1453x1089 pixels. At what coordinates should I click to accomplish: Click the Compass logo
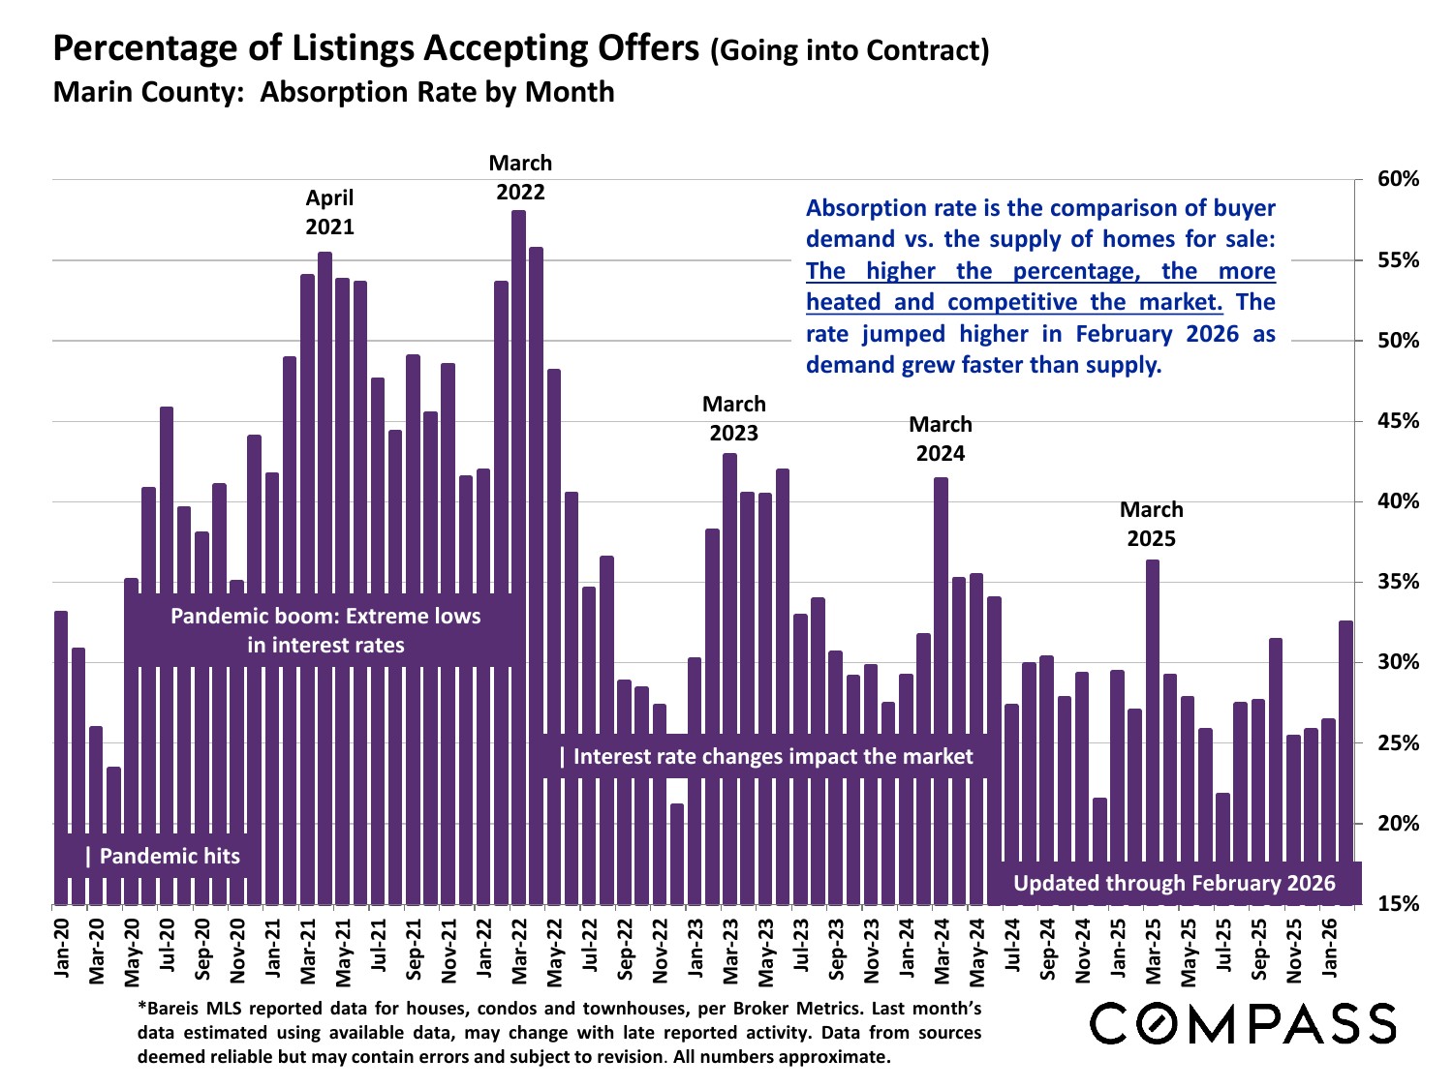click(x=1243, y=1023)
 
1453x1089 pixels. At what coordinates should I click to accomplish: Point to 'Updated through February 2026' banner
click(x=1174, y=883)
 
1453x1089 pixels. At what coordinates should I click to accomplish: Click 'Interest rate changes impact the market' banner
click(x=773, y=756)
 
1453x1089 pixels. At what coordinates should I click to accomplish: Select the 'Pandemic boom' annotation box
click(x=325, y=630)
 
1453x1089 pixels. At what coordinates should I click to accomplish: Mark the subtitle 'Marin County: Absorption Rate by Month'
click(x=333, y=92)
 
